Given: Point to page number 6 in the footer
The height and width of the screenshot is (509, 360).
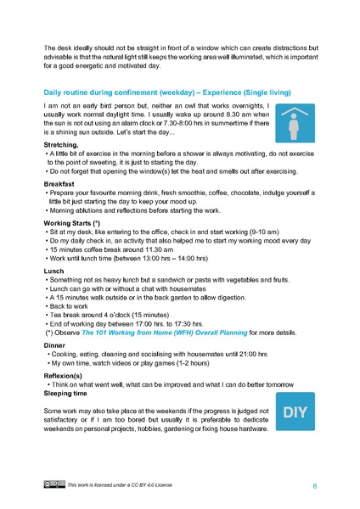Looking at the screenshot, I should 315,485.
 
